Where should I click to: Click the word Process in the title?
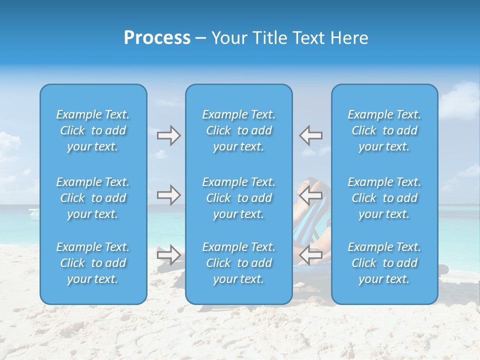pos(157,38)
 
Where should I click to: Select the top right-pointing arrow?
pos(169,135)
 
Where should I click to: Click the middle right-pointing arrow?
pos(169,195)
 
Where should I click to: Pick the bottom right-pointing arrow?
pos(169,255)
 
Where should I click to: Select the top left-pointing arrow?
pos(311,135)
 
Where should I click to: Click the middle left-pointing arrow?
pos(311,195)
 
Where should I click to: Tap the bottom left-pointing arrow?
pos(311,255)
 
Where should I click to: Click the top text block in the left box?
pos(93,130)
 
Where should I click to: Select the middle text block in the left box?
pos(93,198)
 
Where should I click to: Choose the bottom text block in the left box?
pos(93,263)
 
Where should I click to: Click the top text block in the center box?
pos(239,130)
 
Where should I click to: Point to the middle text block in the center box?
pos(239,198)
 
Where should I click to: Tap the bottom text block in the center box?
pos(239,263)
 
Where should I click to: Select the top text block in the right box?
pos(384,130)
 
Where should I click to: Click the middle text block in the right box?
pos(384,198)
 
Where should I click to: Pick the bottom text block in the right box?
pos(384,263)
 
